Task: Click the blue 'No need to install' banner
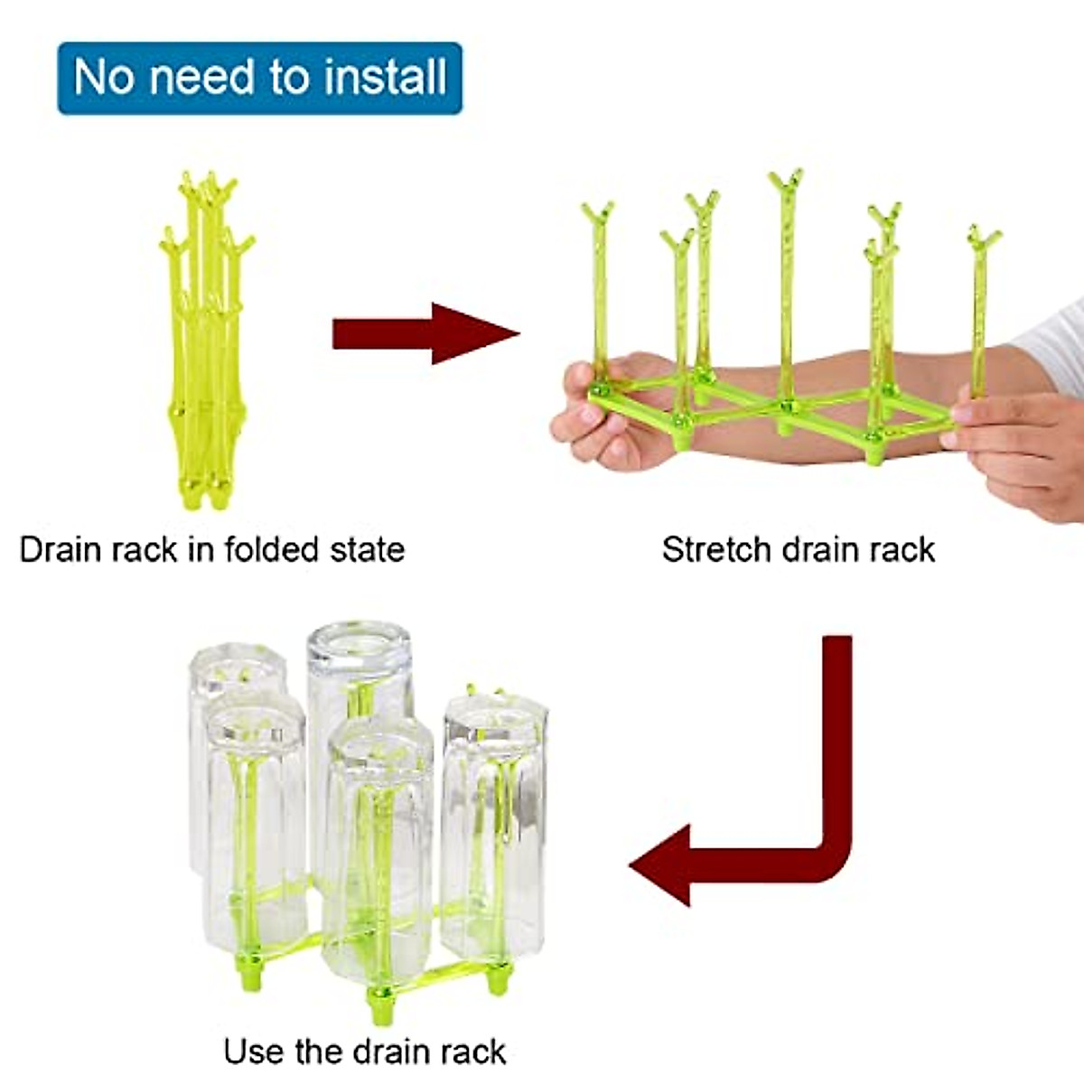pos(259,78)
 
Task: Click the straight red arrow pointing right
pos(425,333)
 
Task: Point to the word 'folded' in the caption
pos(269,549)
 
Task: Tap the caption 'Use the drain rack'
pos(364,1051)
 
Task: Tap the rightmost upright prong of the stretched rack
pos(981,307)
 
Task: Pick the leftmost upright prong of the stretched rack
pos(598,289)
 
